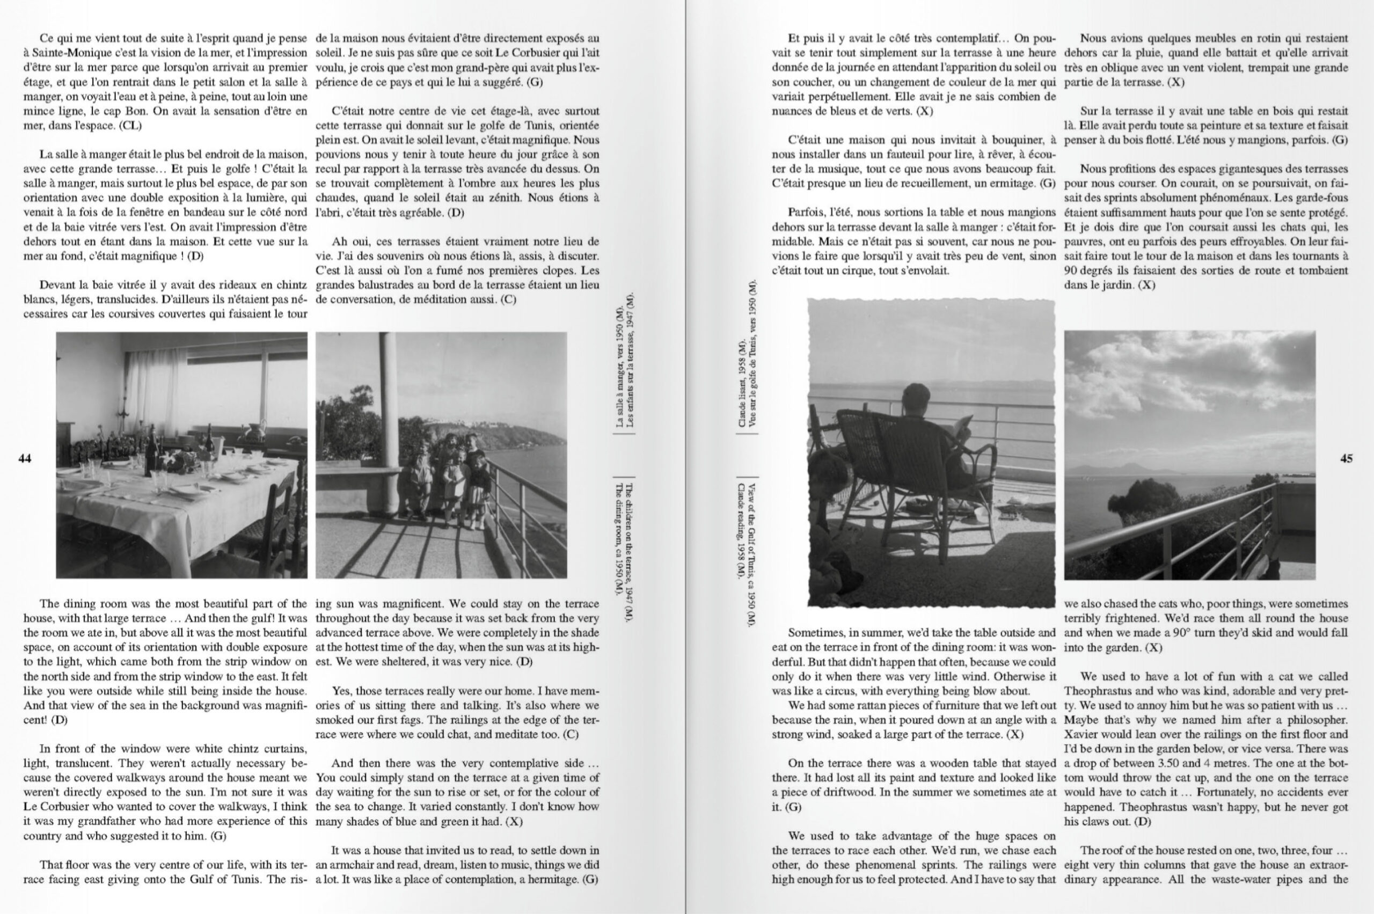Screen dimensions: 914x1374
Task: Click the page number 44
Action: pyautogui.click(x=25, y=459)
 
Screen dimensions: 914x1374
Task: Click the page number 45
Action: pyautogui.click(x=1346, y=459)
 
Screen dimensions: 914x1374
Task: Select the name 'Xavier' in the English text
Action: pyautogui.click(x=1081, y=734)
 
